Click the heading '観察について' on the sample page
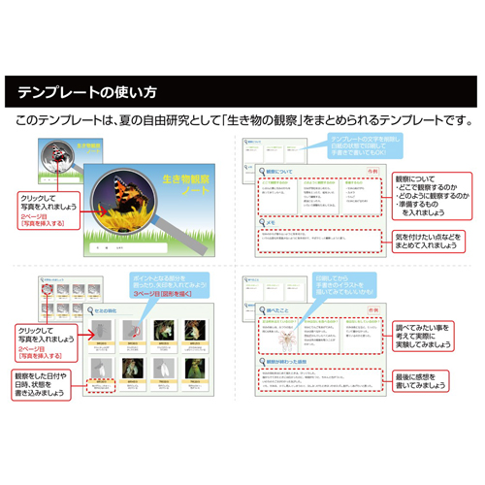coord(281,172)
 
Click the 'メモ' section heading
coord(274,222)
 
